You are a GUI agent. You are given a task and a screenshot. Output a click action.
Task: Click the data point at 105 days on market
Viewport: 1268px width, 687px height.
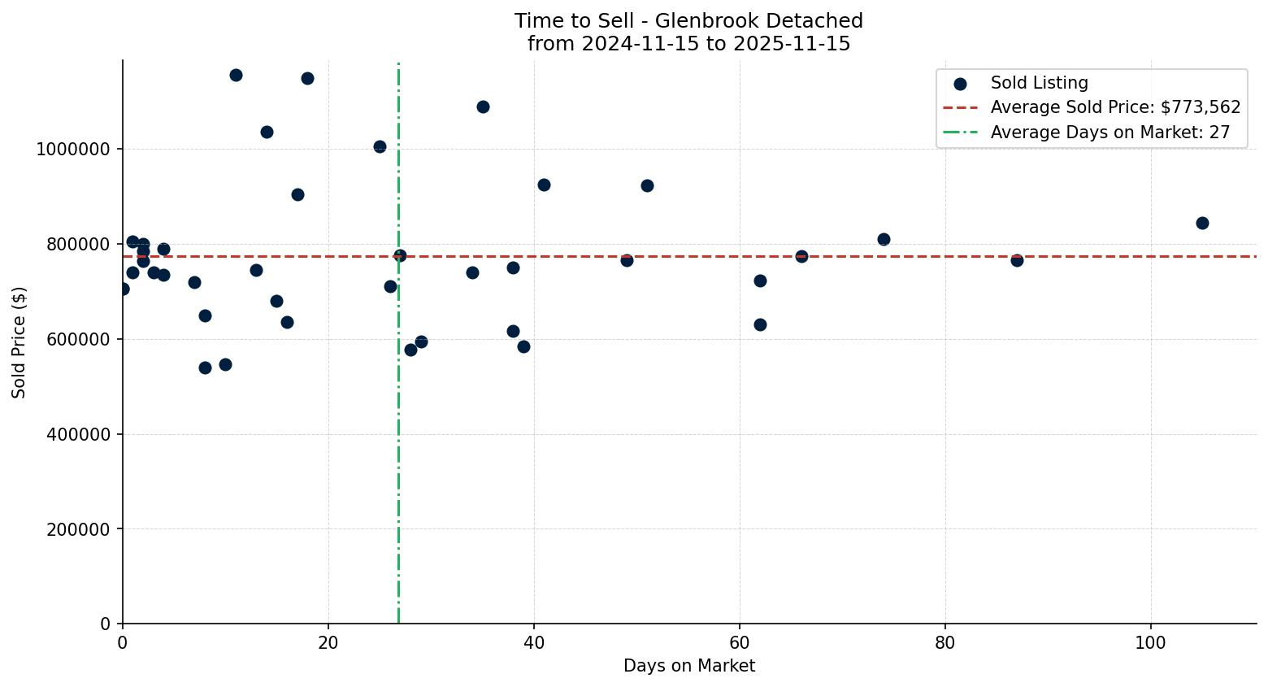click(1202, 223)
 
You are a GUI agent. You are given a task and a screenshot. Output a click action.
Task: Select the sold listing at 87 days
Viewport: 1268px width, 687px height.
click(1017, 260)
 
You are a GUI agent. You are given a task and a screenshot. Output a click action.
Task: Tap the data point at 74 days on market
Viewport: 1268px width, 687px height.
click(884, 239)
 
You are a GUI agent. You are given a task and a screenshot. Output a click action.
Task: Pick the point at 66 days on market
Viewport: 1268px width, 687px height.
click(801, 256)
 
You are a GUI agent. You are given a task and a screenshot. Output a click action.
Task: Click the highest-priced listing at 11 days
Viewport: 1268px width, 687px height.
click(236, 75)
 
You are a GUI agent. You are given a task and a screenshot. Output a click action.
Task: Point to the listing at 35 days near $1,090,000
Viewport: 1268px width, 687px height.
click(483, 107)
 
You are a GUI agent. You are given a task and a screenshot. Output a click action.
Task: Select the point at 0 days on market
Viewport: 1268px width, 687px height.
click(123, 289)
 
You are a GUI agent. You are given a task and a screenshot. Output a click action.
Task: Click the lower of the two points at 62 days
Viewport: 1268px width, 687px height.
click(760, 324)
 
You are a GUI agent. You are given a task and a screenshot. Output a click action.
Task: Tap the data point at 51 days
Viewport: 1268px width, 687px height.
click(647, 185)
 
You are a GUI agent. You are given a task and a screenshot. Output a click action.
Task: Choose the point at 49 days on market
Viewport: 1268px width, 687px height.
click(627, 260)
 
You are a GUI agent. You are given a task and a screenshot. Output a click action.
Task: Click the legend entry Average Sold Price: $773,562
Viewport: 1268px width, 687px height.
click(1115, 107)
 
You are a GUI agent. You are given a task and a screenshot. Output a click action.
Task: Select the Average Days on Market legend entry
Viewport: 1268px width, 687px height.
click(1109, 133)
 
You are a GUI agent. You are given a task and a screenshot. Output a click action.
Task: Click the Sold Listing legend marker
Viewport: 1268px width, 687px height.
click(960, 84)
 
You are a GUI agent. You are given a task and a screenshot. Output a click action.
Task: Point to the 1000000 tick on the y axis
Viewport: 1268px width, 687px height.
click(73, 150)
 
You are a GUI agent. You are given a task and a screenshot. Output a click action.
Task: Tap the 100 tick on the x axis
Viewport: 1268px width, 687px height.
click(1150, 643)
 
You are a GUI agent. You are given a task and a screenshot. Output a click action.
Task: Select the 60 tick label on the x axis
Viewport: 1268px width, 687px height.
click(740, 643)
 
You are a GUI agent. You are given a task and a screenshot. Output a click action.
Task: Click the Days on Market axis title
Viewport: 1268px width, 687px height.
click(688, 666)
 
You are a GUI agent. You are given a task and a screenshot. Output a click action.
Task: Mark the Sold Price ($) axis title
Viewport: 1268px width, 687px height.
click(20, 342)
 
